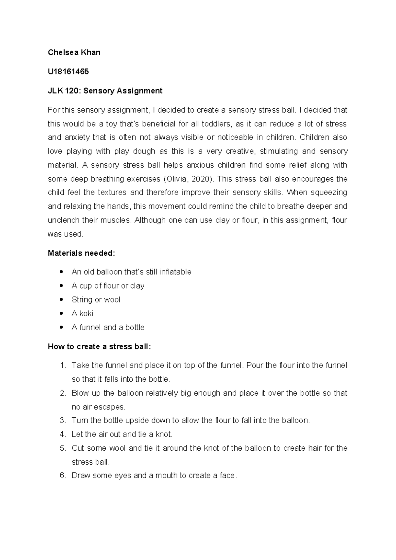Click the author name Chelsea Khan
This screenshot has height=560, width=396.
point(74,52)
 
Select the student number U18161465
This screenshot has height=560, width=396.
point(68,71)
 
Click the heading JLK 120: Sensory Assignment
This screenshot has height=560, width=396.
point(105,91)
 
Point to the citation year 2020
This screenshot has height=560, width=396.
point(201,179)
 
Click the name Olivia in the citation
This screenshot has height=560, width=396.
point(177,179)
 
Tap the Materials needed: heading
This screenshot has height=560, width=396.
point(81,253)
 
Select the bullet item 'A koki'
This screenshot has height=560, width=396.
point(82,313)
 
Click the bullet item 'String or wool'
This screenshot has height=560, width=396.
point(96,299)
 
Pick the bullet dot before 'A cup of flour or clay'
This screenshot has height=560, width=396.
point(60,286)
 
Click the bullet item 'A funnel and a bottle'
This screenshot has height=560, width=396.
point(108,327)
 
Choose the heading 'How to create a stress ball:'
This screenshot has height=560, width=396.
point(99,346)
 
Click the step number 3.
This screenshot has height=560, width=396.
point(63,420)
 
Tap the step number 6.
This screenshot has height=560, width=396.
point(63,475)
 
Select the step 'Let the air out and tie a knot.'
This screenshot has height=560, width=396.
point(122,434)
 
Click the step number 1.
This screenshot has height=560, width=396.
point(63,366)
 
